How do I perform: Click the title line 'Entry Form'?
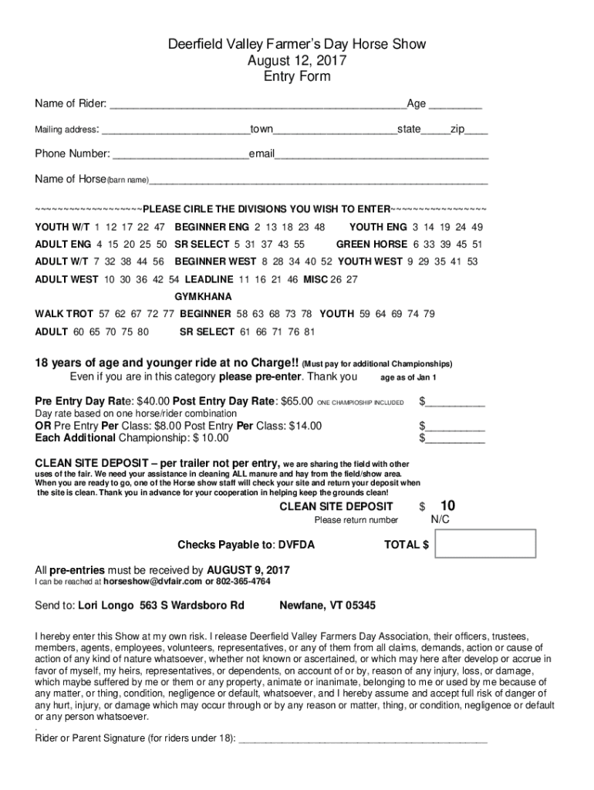pos(297,76)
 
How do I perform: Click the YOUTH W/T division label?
pos(61,228)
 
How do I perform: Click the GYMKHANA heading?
pos(203,296)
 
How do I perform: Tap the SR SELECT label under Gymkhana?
pos(207,332)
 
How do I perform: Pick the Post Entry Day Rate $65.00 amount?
pos(295,401)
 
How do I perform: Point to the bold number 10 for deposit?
pos(447,506)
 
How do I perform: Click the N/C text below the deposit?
pos(440,521)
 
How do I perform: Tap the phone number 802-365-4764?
pos(243,582)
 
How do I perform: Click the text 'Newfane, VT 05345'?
pos(327,606)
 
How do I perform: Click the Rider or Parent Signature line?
pos(363,738)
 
